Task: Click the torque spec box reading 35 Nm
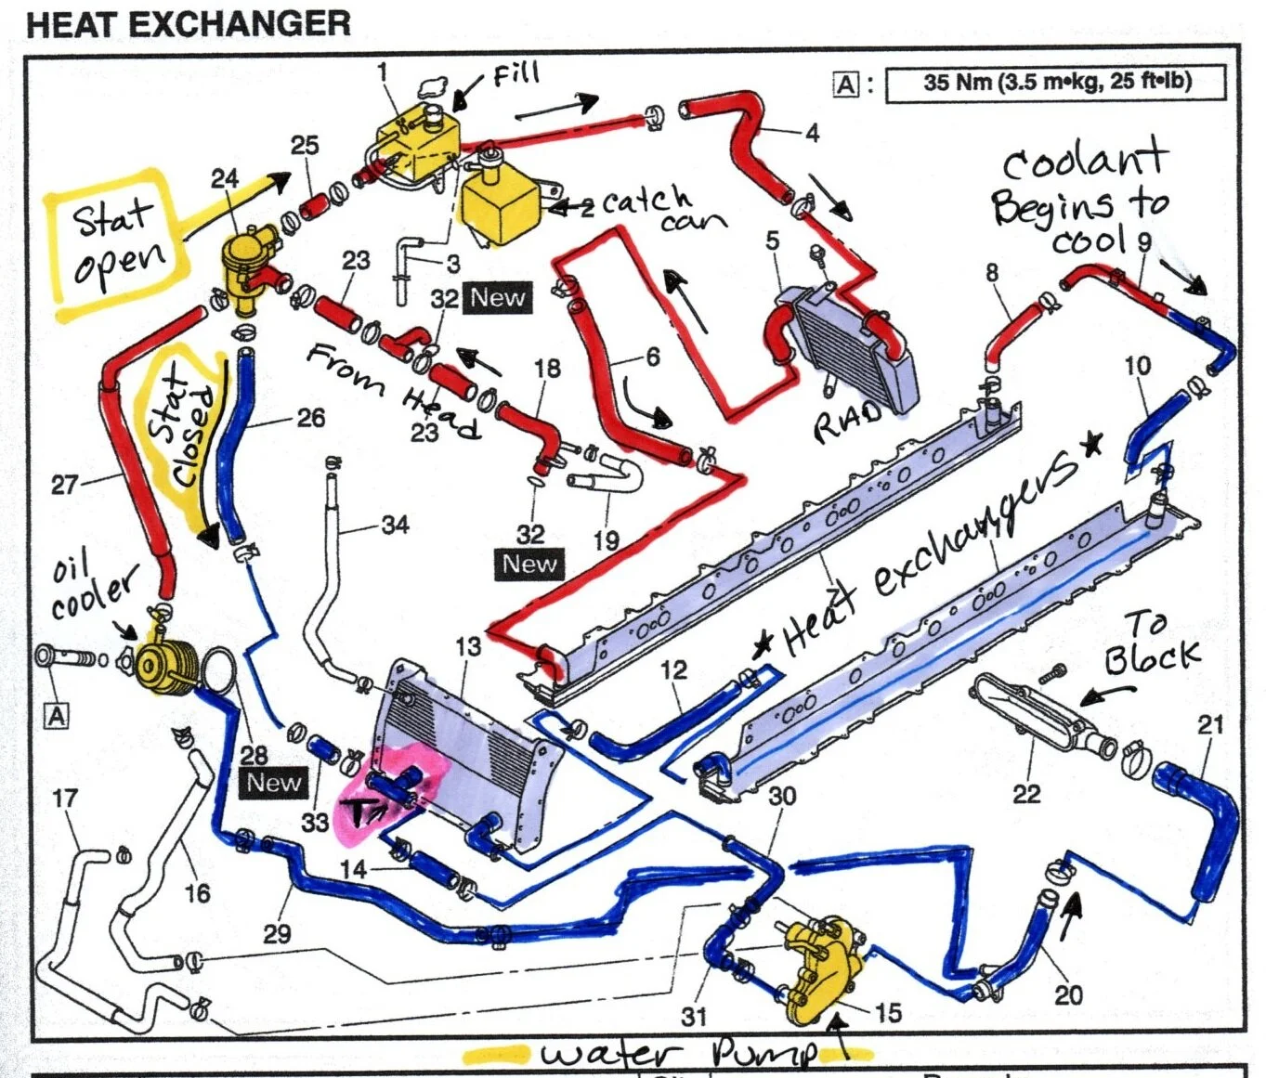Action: [1056, 83]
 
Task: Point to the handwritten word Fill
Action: [516, 74]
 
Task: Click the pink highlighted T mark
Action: [361, 812]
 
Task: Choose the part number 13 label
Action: [468, 646]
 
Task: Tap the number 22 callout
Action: [1026, 793]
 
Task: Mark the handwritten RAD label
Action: [847, 422]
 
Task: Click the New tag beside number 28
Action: [273, 783]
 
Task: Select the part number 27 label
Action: [64, 485]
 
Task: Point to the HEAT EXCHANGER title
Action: [189, 23]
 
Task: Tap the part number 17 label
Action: [64, 799]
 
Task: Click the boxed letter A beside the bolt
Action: [57, 716]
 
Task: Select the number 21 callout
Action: [1210, 724]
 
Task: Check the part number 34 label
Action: [395, 525]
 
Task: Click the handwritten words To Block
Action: [1151, 643]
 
